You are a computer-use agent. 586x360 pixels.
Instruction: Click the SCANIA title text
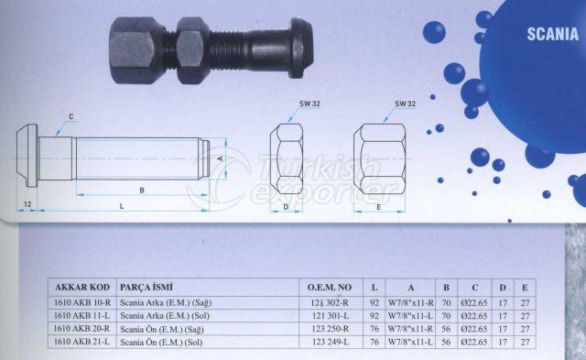click(x=552, y=35)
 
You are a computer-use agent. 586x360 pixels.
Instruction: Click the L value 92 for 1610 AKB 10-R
click(x=374, y=302)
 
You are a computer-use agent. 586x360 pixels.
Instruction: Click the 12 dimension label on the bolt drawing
click(x=28, y=201)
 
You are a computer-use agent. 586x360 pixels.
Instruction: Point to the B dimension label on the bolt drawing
click(x=141, y=191)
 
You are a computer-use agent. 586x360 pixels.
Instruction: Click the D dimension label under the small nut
click(x=286, y=207)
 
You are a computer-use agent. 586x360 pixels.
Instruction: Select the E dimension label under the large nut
click(x=380, y=207)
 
